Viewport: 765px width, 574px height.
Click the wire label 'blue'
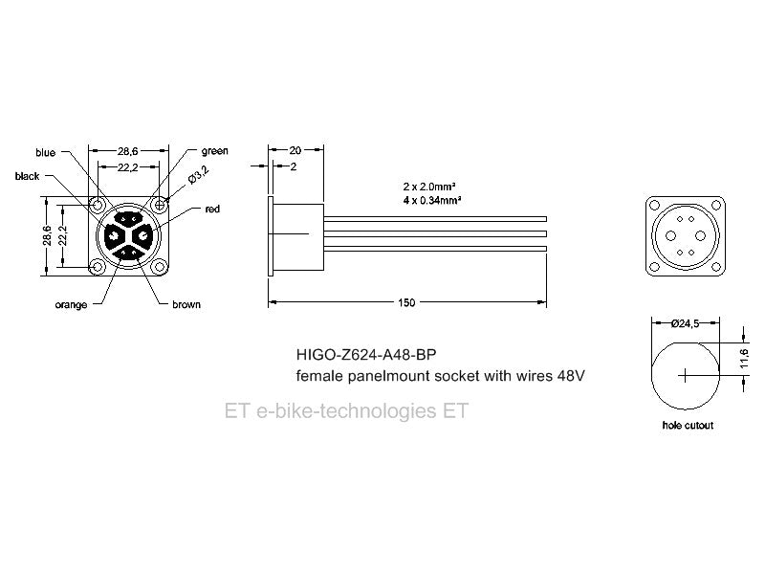pyautogui.click(x=46, y=152)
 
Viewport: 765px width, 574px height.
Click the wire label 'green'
pyautogui.click(x=214, y=151)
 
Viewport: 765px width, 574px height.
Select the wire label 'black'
pyautogui.click(x=29, y=176)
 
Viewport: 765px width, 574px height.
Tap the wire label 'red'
pyautogui.click(x=212, y=209)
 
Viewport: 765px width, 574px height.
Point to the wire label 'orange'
pyautogui.click(x=72, y=304)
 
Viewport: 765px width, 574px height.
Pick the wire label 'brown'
pyautogui.click(x=186, y=304)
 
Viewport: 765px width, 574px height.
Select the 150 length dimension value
pyautogui.click(x=406, y=302)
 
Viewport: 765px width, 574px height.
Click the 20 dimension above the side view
pyautogui.click(x=295, y=150)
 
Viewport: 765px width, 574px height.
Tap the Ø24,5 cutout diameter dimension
pyautogui.click(x=685, y=324)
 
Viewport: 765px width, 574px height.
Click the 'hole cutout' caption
pyautogui.click(x=688, y=425)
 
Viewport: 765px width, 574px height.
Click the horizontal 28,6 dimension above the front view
pyautogui.click(x=129, y=151)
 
